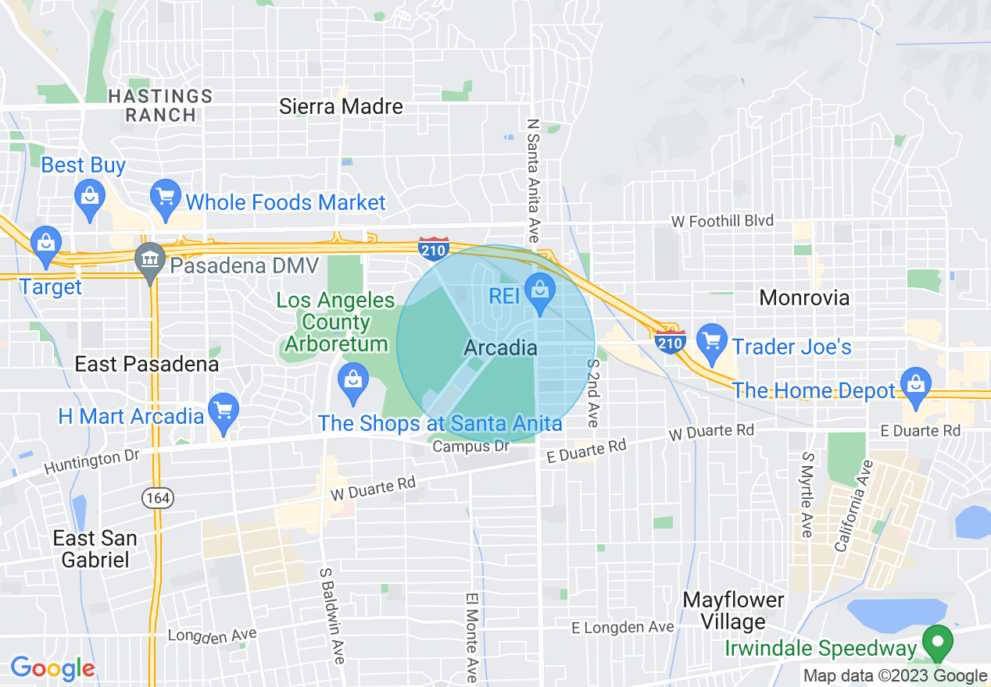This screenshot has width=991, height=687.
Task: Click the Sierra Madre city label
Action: click(341, 107)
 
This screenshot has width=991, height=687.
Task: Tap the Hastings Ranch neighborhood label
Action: click(160, 105)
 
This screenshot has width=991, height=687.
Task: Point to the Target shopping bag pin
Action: click(46, 241)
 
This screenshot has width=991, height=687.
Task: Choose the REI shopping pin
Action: click(539, 291)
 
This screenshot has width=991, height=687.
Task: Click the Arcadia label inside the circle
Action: click(500, 348)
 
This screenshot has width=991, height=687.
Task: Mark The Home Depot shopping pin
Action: click(915, 385)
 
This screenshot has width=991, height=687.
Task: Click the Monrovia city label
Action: click(804, 297)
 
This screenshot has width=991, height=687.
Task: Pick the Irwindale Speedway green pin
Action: click(938, 642)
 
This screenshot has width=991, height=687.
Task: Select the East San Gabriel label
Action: click(95, 549)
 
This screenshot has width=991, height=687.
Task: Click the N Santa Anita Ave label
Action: click(534, 180)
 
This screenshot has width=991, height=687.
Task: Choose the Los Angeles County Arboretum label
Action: click(335, 322)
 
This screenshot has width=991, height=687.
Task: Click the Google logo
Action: click(52, 668)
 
